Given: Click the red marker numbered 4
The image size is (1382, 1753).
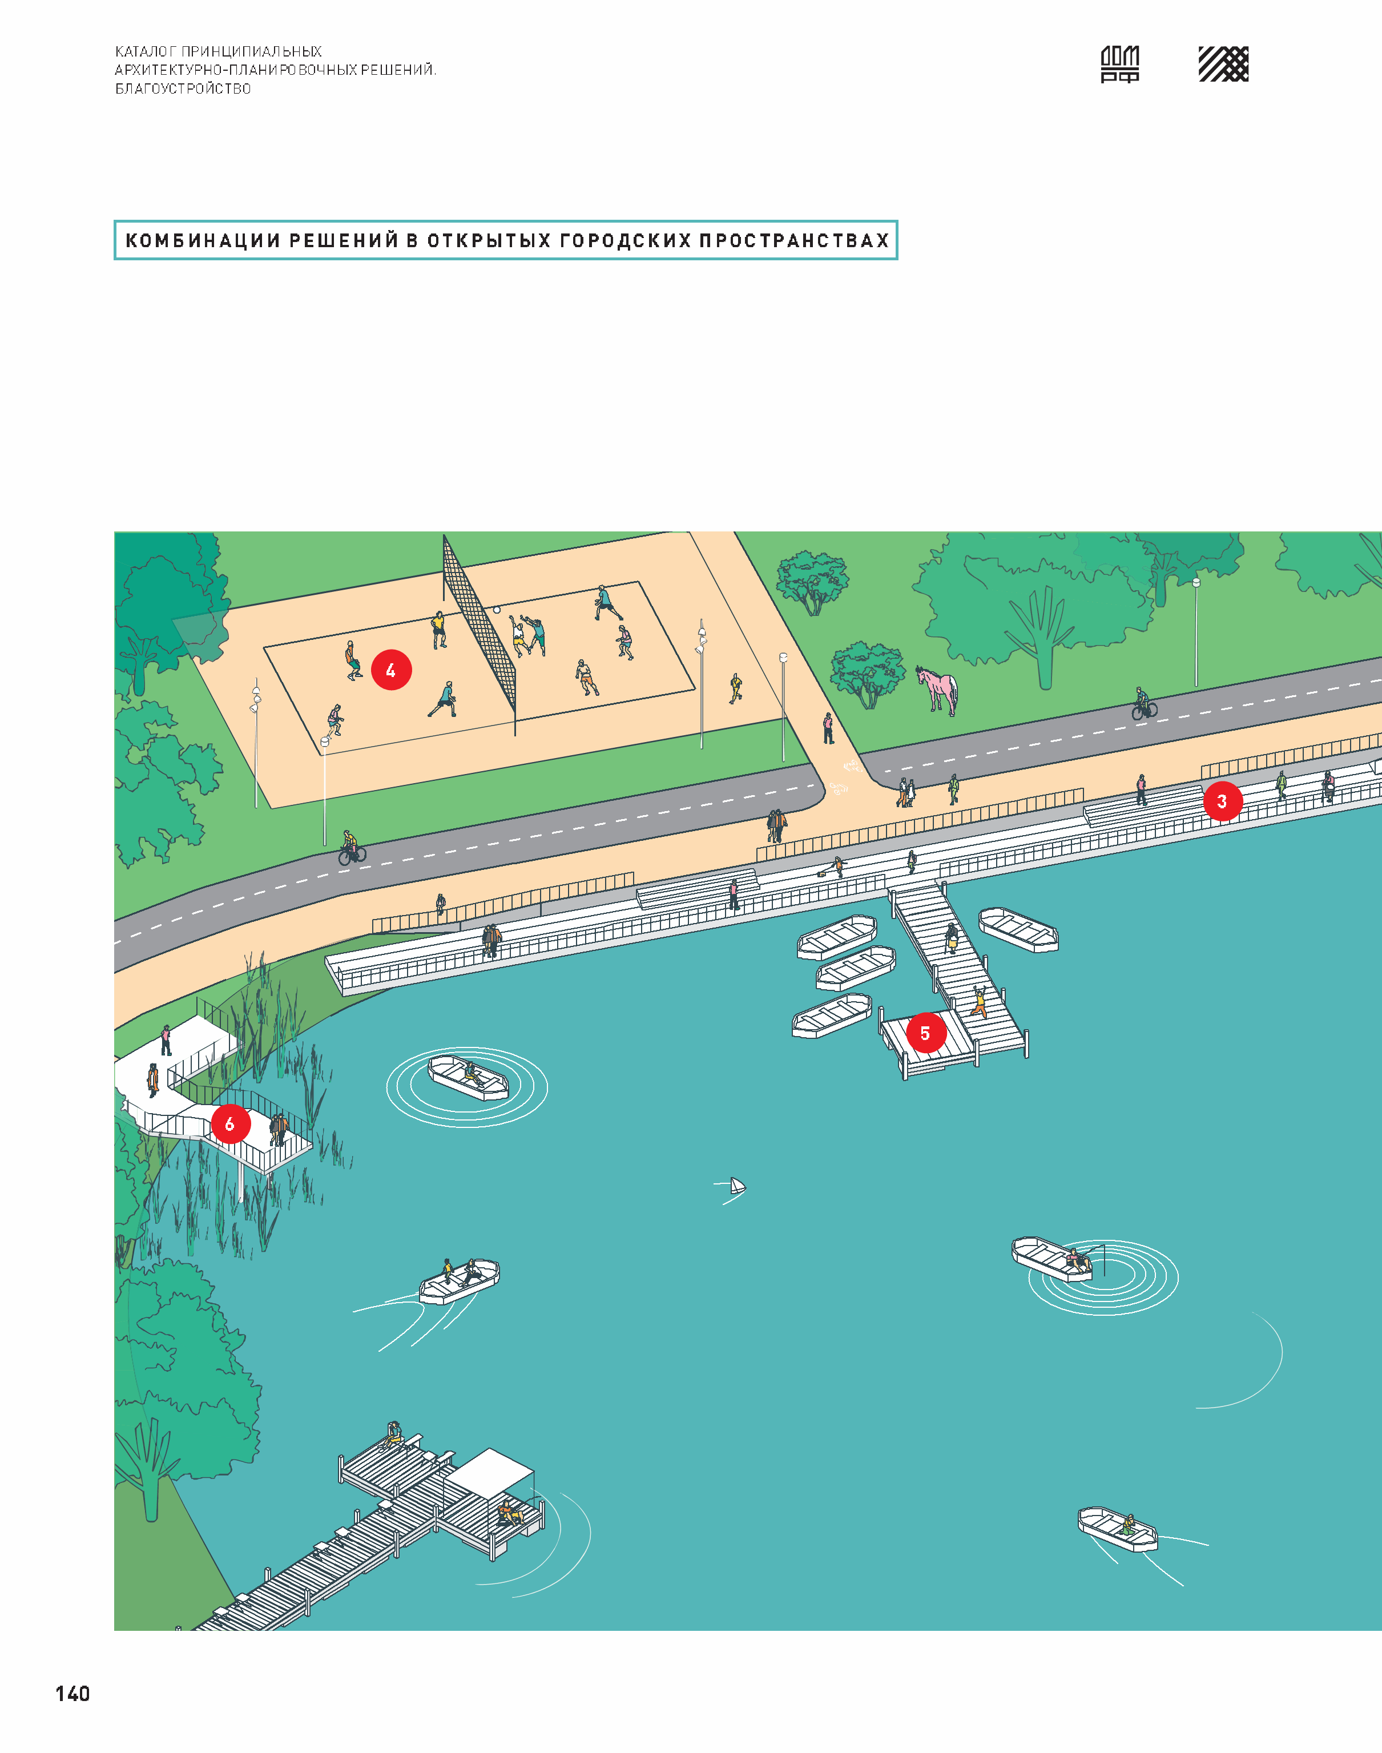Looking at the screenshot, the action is [391, 670].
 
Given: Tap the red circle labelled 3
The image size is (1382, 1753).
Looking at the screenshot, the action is [1222, 801].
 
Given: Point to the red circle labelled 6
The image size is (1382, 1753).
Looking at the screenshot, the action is [230, 1123].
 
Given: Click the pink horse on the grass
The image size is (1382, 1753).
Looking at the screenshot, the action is [937, 689].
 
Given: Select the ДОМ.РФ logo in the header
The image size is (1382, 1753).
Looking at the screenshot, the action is [1120, 64].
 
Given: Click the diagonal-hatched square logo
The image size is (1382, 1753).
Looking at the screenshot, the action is [1223, 64].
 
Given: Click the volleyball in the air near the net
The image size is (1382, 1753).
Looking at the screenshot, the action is [497, 609].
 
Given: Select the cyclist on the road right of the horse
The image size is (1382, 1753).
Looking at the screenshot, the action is [1143, 704].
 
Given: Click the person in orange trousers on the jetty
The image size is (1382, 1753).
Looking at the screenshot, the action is [979, 1002].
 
